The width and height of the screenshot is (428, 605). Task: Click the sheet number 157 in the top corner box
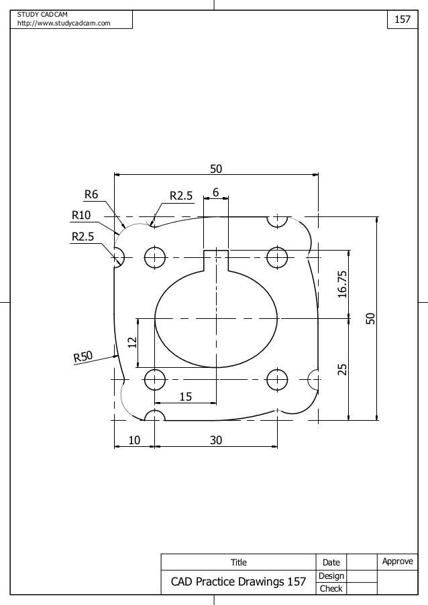click(x=402, y=20)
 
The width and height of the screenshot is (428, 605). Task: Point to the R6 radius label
click(x=91, y=195)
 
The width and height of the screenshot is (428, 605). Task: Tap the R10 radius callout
click(x=81, y=215)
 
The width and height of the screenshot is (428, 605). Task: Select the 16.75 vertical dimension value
click(x=343, y=284)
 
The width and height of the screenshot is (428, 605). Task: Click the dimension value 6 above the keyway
click(x=215, y=192)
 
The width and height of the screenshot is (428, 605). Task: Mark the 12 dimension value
click(x=132, y=342)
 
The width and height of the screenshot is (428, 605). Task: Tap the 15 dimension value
click(x=184, y=397)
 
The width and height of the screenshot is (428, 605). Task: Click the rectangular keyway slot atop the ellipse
click(x=216, y=260)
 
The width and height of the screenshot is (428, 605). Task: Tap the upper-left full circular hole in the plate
click(x=155, y=257)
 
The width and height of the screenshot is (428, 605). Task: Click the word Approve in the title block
click(x=398, y=561)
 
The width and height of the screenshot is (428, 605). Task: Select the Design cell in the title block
click(x=331, y=576)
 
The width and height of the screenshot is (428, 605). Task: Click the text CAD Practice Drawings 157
click(x=238, y=582)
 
